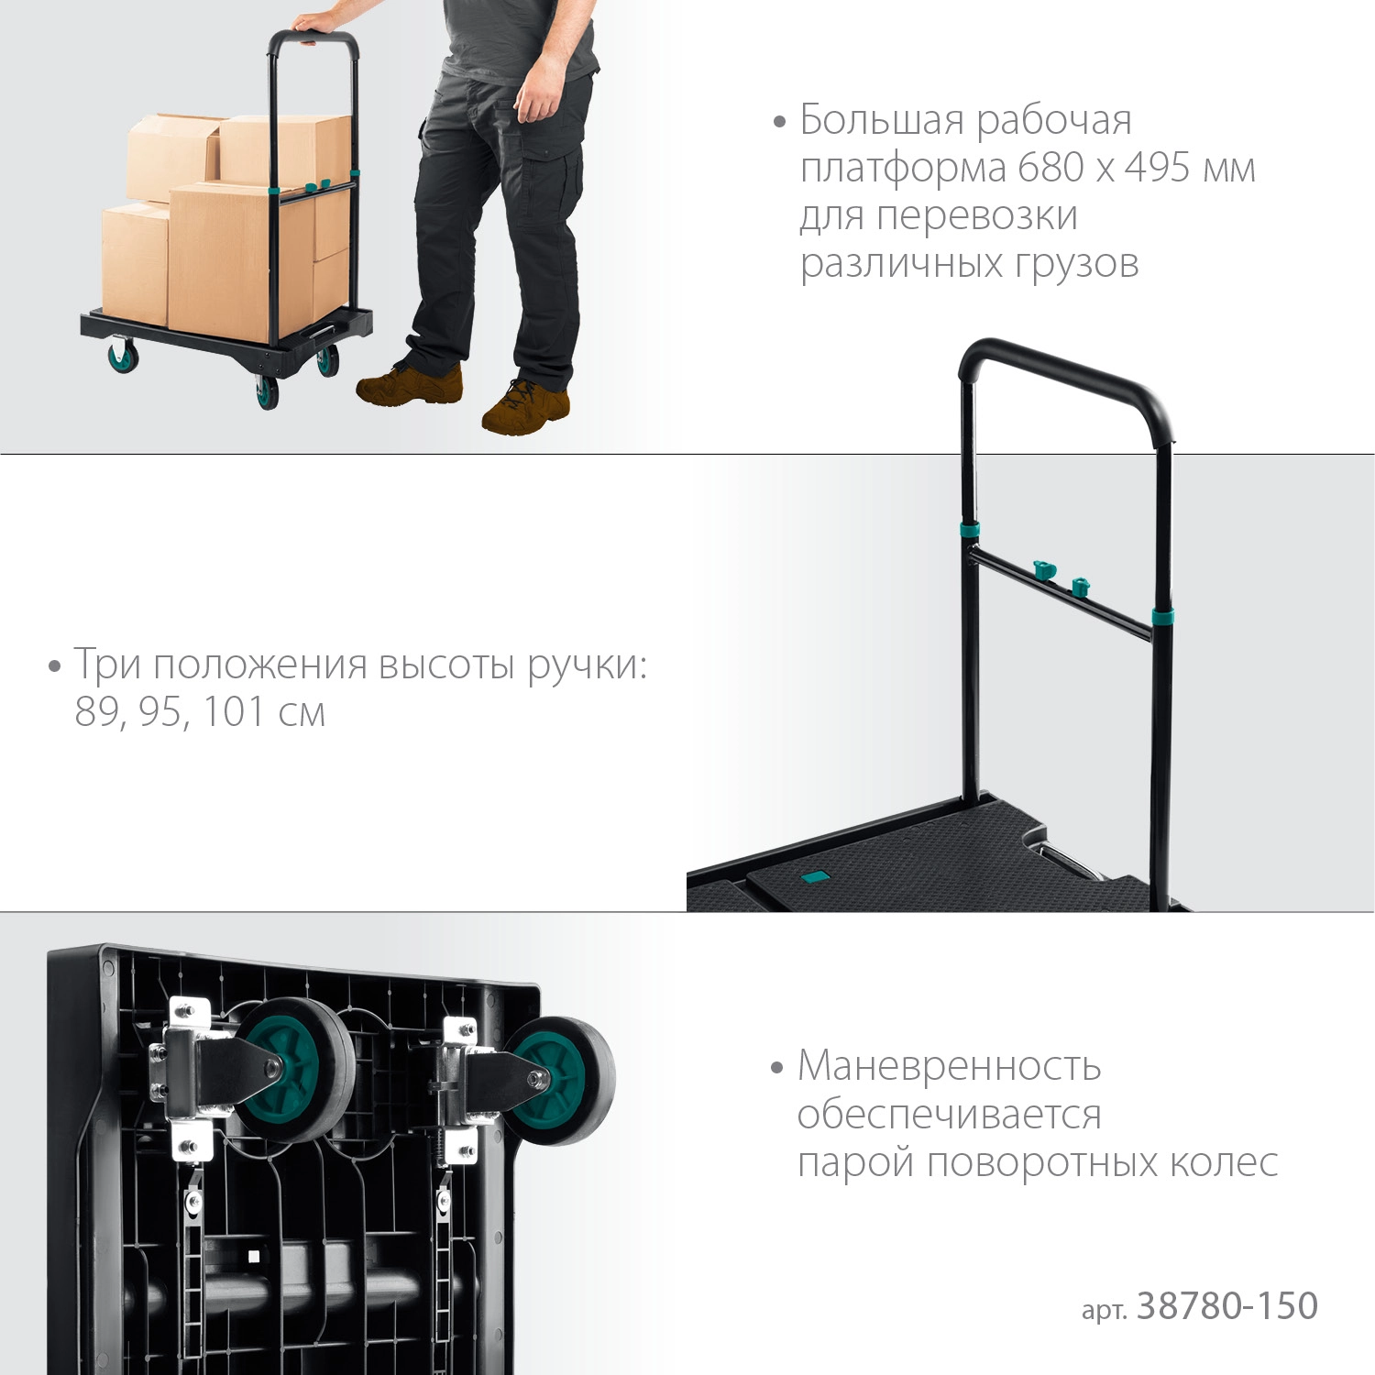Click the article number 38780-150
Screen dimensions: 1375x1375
tap(1227, 1305)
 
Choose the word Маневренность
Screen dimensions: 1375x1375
tap(950, 1066)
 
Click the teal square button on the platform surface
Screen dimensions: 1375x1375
tap(813, 877)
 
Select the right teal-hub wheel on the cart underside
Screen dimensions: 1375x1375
tap(560, 1081)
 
